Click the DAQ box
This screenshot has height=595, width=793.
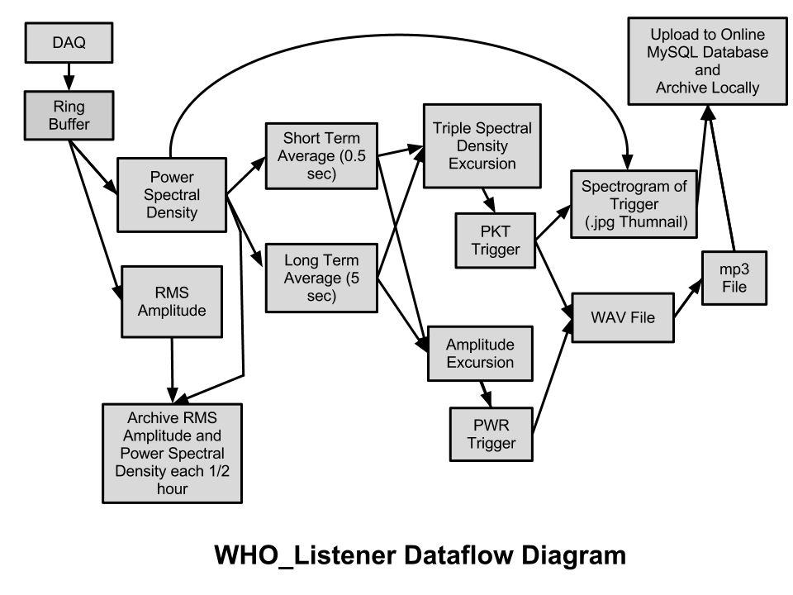pyautogui.click(x=69, y=42)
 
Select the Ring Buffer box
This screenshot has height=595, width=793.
pyautogui.click(x=69, y=116)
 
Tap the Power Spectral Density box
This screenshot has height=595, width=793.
pyautogui.click(x=172, y=195)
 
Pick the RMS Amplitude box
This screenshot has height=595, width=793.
pyautogui.click(x=172, y=302)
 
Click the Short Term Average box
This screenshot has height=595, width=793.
pyautogui.click(x=321, y=156)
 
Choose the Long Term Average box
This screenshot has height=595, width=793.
pyautogui.click(x=321, y=278)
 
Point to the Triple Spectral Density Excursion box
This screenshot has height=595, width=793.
pyautogui.click(x=482, y=145)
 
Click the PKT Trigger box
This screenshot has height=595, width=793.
pyautogui.click(x=495, y=240)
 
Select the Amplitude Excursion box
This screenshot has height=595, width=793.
pyautogui.click(x=480, y=353)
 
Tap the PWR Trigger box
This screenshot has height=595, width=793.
pyautogui.click(x=491, y=434)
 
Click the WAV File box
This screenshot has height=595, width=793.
pyautogui.click(x=623, y=317)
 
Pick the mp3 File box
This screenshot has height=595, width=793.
pyautogui.click(x=734, y=278)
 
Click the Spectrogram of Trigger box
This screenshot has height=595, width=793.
pyautogui.click(x=634, y=204)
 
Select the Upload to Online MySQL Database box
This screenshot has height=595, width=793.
pyautogui.click(x=708, y=61)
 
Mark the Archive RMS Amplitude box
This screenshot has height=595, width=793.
pyautogui.click(x=172, y=453)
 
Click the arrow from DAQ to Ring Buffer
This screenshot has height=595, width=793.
pyautogui.click(x=69, y=77)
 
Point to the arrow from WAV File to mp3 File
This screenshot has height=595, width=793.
pyautogui.click(x=688, y=298)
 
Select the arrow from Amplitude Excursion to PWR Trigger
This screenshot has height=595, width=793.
pyautogui.click(x=486, y=393)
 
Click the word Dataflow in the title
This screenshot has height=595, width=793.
pyautogui.click(x=458, y=555)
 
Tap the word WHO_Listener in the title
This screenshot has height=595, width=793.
pyautogui.click(x=305, y=555)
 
